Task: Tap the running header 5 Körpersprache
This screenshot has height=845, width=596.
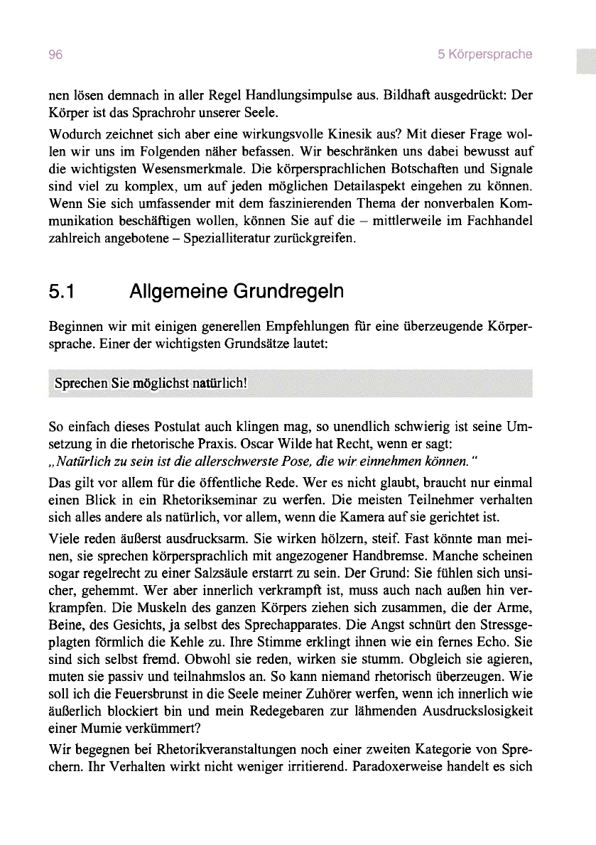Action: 485,55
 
